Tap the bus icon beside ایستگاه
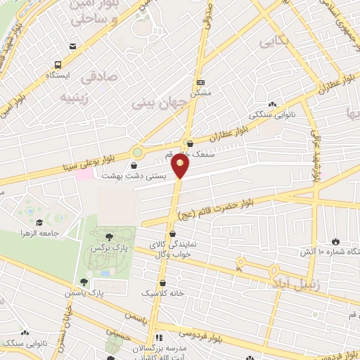coord(72,47)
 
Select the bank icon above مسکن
coord(200,81)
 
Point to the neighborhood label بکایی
coord(274,44)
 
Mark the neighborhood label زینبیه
coord(76,96)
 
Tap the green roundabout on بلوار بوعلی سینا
coord(137,152)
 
